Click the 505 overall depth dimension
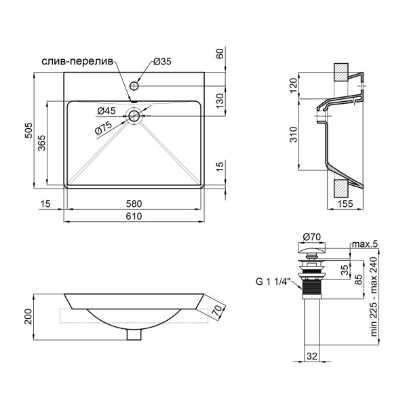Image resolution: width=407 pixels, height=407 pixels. click(28, 130)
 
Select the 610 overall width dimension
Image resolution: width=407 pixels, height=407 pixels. click(134, 216)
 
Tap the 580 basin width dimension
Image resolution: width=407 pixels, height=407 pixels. click(134, 203)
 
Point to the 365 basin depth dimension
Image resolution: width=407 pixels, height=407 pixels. click(41, 142)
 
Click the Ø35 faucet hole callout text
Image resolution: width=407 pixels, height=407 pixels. click(162, 62)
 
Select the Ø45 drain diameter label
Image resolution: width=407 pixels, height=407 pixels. click(106, 111)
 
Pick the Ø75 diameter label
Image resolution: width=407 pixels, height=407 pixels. click(103, 128)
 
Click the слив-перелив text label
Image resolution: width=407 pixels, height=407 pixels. click(77, 62)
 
